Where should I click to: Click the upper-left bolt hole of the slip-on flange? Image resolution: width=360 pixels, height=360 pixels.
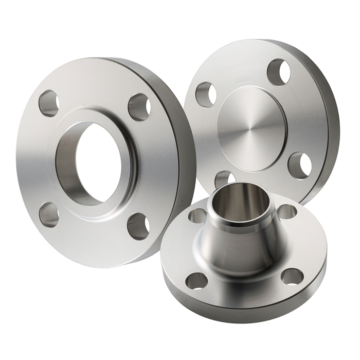point(49,103)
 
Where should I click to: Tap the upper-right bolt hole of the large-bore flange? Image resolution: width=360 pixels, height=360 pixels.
point(139,107)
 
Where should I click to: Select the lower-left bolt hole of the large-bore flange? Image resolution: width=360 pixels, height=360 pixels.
point(49,214)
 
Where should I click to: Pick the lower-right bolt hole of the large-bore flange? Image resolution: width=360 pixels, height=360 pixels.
point(138,225)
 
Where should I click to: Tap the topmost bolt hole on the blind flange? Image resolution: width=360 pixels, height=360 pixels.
point(279,72)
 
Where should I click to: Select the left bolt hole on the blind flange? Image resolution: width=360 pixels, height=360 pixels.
point(206,94)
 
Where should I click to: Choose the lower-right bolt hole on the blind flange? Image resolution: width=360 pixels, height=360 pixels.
point(299,165)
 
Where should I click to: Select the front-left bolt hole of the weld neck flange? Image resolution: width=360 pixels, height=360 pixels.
point(196,280)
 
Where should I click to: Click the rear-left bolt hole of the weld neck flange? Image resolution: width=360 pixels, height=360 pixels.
point(198,215)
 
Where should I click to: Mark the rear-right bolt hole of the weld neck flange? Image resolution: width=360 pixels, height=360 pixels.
point(286,211)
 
